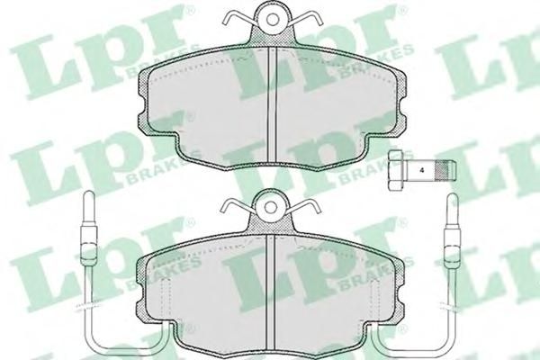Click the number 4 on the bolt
[421, 170]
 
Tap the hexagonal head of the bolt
[395, 170]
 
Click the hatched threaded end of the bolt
[445, 170]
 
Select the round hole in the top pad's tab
[273, 20]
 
